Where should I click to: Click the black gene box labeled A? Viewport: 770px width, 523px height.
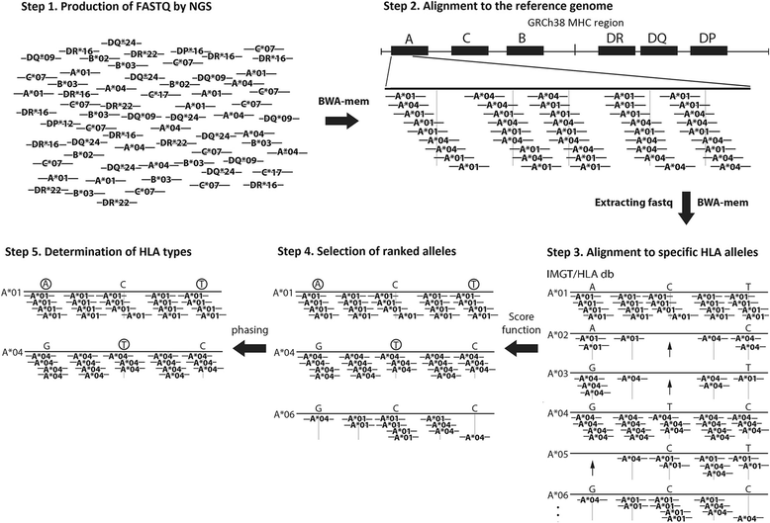point(409,47)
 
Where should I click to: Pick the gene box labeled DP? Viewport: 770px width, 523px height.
point(706,47)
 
